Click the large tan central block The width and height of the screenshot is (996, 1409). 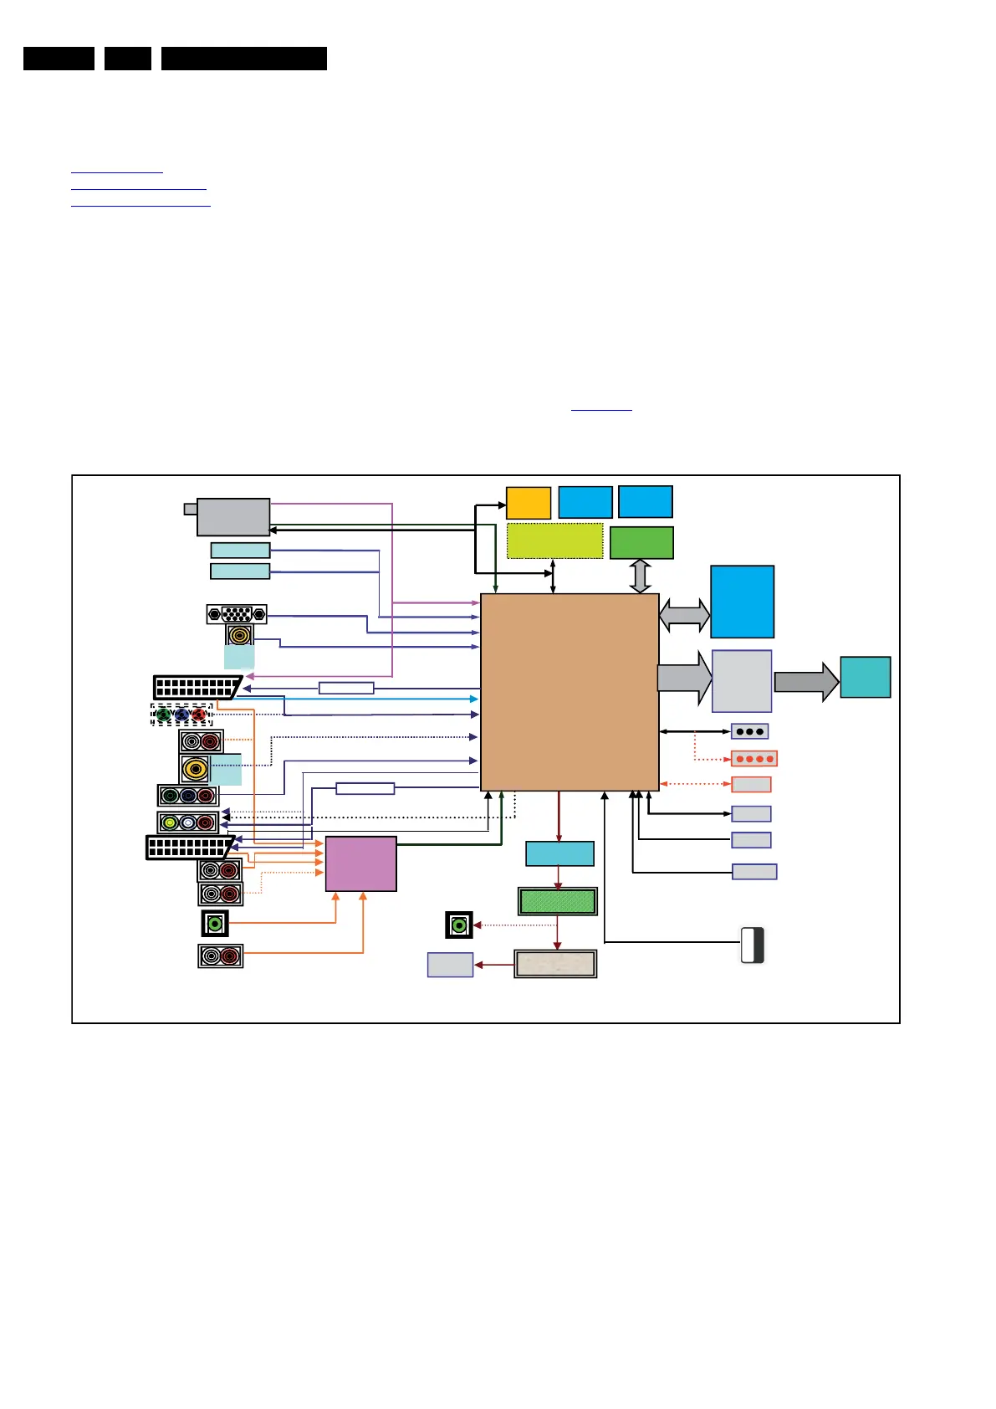tap(570, 691)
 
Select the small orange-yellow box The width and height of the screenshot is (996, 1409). tap(529, 502)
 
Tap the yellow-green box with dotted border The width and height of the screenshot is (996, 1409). tap(554, 541)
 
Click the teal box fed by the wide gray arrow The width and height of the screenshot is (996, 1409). tap(865, 677)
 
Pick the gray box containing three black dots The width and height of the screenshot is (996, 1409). tap(749, 731)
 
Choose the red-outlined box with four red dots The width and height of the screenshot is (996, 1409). tap(753, 759)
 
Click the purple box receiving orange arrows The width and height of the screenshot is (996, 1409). tap(360, 863)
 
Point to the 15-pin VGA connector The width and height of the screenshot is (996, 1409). tap(237, 614)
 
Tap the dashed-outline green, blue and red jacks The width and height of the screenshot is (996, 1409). tap(181, 715)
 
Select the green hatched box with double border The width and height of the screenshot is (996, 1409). tap(557, 901)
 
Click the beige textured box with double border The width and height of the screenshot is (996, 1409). tap(555, 964)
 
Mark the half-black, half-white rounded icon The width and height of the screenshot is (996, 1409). tap(753, 945)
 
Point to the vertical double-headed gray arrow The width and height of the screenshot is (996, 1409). tap(640, 576)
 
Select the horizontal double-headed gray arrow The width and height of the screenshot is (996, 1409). tap(684, 615)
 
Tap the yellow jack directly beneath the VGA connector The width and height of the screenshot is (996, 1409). tap(240, 635)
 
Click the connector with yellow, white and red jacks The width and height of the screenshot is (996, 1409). tap(188, 822)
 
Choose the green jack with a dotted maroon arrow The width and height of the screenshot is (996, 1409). tap(459, 925)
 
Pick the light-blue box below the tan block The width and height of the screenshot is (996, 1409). tap(559, 853)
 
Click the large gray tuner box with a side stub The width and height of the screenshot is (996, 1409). tap(232, 516)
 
